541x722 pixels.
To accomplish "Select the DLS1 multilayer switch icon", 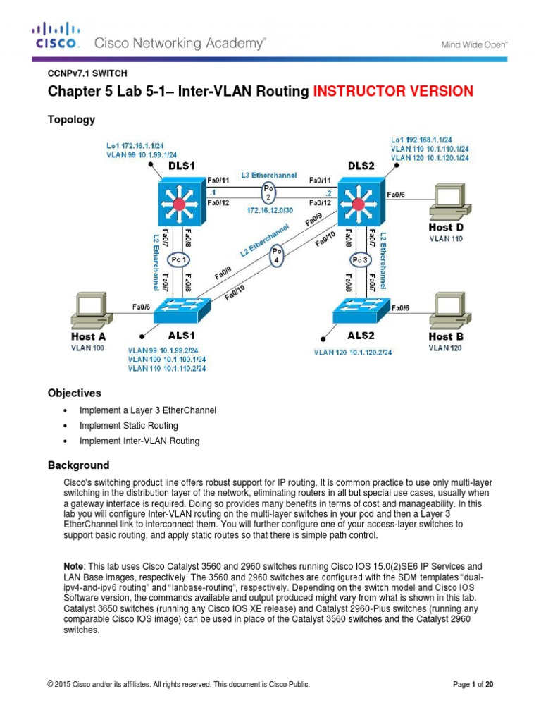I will click(x=180, y=204).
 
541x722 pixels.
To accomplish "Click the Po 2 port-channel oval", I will click(x=267, y=192).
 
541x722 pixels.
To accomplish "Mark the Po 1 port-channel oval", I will click(x=179, y=259).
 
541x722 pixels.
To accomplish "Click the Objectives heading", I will click(x=74, y=393).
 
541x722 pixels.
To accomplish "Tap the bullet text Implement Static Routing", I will click(x=129, y=426).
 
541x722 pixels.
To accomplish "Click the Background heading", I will click(x=78, y=465).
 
